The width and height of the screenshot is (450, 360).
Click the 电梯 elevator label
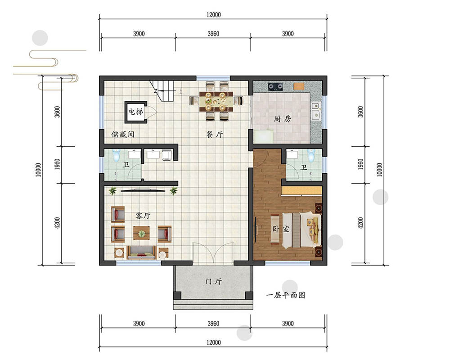coord(135,111)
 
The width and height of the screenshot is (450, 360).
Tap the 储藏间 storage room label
coord(123,134)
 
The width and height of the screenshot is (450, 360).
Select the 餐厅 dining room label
coord(215,135)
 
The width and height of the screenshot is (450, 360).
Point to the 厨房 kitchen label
coord(282,118)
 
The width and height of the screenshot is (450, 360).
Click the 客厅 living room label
coord(143,216)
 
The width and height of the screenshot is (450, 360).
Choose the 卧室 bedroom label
coord(281,229)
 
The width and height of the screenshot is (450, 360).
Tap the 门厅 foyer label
coord(213,281)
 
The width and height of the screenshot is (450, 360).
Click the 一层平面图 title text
coord(286,295)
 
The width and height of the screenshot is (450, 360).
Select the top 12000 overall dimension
coord(213,15)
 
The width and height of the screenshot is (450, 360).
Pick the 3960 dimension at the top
coord(213,34)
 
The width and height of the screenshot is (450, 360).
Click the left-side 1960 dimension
coord(58,164)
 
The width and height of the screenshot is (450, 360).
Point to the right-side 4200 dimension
coord(361,223)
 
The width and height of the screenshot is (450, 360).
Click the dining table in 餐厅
coord(216,101)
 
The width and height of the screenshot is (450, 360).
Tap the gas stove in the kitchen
coord(275,86)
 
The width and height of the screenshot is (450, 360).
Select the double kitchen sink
coord(316,111)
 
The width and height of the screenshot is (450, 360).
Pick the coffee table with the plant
coord(141,234)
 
